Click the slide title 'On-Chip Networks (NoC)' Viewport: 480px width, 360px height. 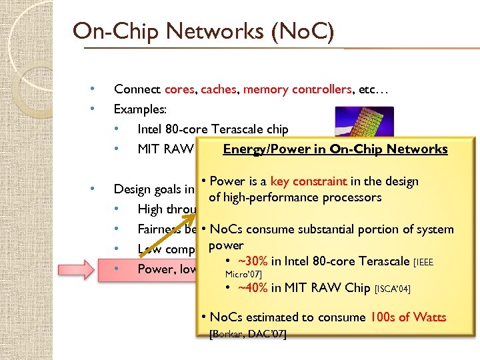(x=203, y=31)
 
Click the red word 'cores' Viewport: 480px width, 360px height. (x=180, y=89)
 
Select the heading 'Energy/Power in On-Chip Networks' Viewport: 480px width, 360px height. (x=335, y=149)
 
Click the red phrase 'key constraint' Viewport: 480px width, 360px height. (x=308, y=181)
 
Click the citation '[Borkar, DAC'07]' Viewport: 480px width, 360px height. (x=248, y=333)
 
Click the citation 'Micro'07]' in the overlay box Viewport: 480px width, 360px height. (x=243, y=273)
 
